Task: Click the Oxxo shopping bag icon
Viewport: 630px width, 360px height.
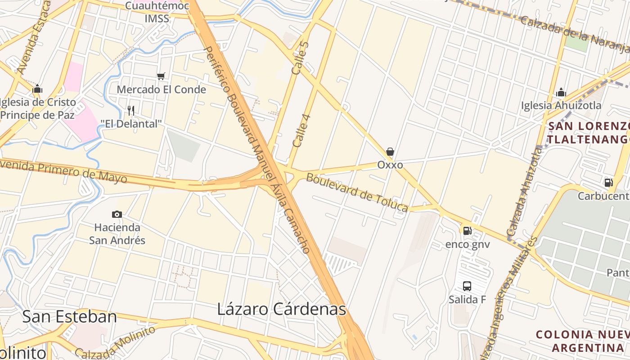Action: click(x=390, y=152)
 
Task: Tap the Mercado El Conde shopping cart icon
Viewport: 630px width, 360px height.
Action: click(x=161, y=76)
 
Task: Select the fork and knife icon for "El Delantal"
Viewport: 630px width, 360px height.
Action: click(x=131, y=110)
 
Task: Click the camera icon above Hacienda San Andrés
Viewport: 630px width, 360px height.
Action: click(x=117, y=215)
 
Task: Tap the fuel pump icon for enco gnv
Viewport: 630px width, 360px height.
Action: click(x=468, y=231)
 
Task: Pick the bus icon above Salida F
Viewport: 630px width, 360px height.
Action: click(x=467, y=286)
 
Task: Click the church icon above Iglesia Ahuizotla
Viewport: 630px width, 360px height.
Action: click(x=561, y=93)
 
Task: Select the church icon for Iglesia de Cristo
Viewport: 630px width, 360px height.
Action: click(x=37, y=89)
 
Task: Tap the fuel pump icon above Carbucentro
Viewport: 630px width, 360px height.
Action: click(x=608, y=183)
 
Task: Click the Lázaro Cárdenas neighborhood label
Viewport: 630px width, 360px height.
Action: click(x=281, y=309)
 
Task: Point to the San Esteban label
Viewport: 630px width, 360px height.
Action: click(x=69, y=317)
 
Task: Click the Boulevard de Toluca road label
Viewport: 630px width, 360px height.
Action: click(x=357, y=192)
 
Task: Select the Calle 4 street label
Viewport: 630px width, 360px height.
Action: click(x=301, y=131)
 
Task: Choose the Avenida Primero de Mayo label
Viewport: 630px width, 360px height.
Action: click(x=63, y=171)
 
